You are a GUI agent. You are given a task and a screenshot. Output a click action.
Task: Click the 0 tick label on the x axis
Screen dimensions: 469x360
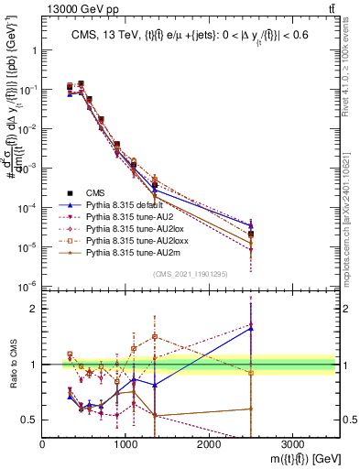coord(43,446)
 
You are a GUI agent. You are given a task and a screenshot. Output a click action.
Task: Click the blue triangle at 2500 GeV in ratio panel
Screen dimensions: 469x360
coord(251,328)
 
